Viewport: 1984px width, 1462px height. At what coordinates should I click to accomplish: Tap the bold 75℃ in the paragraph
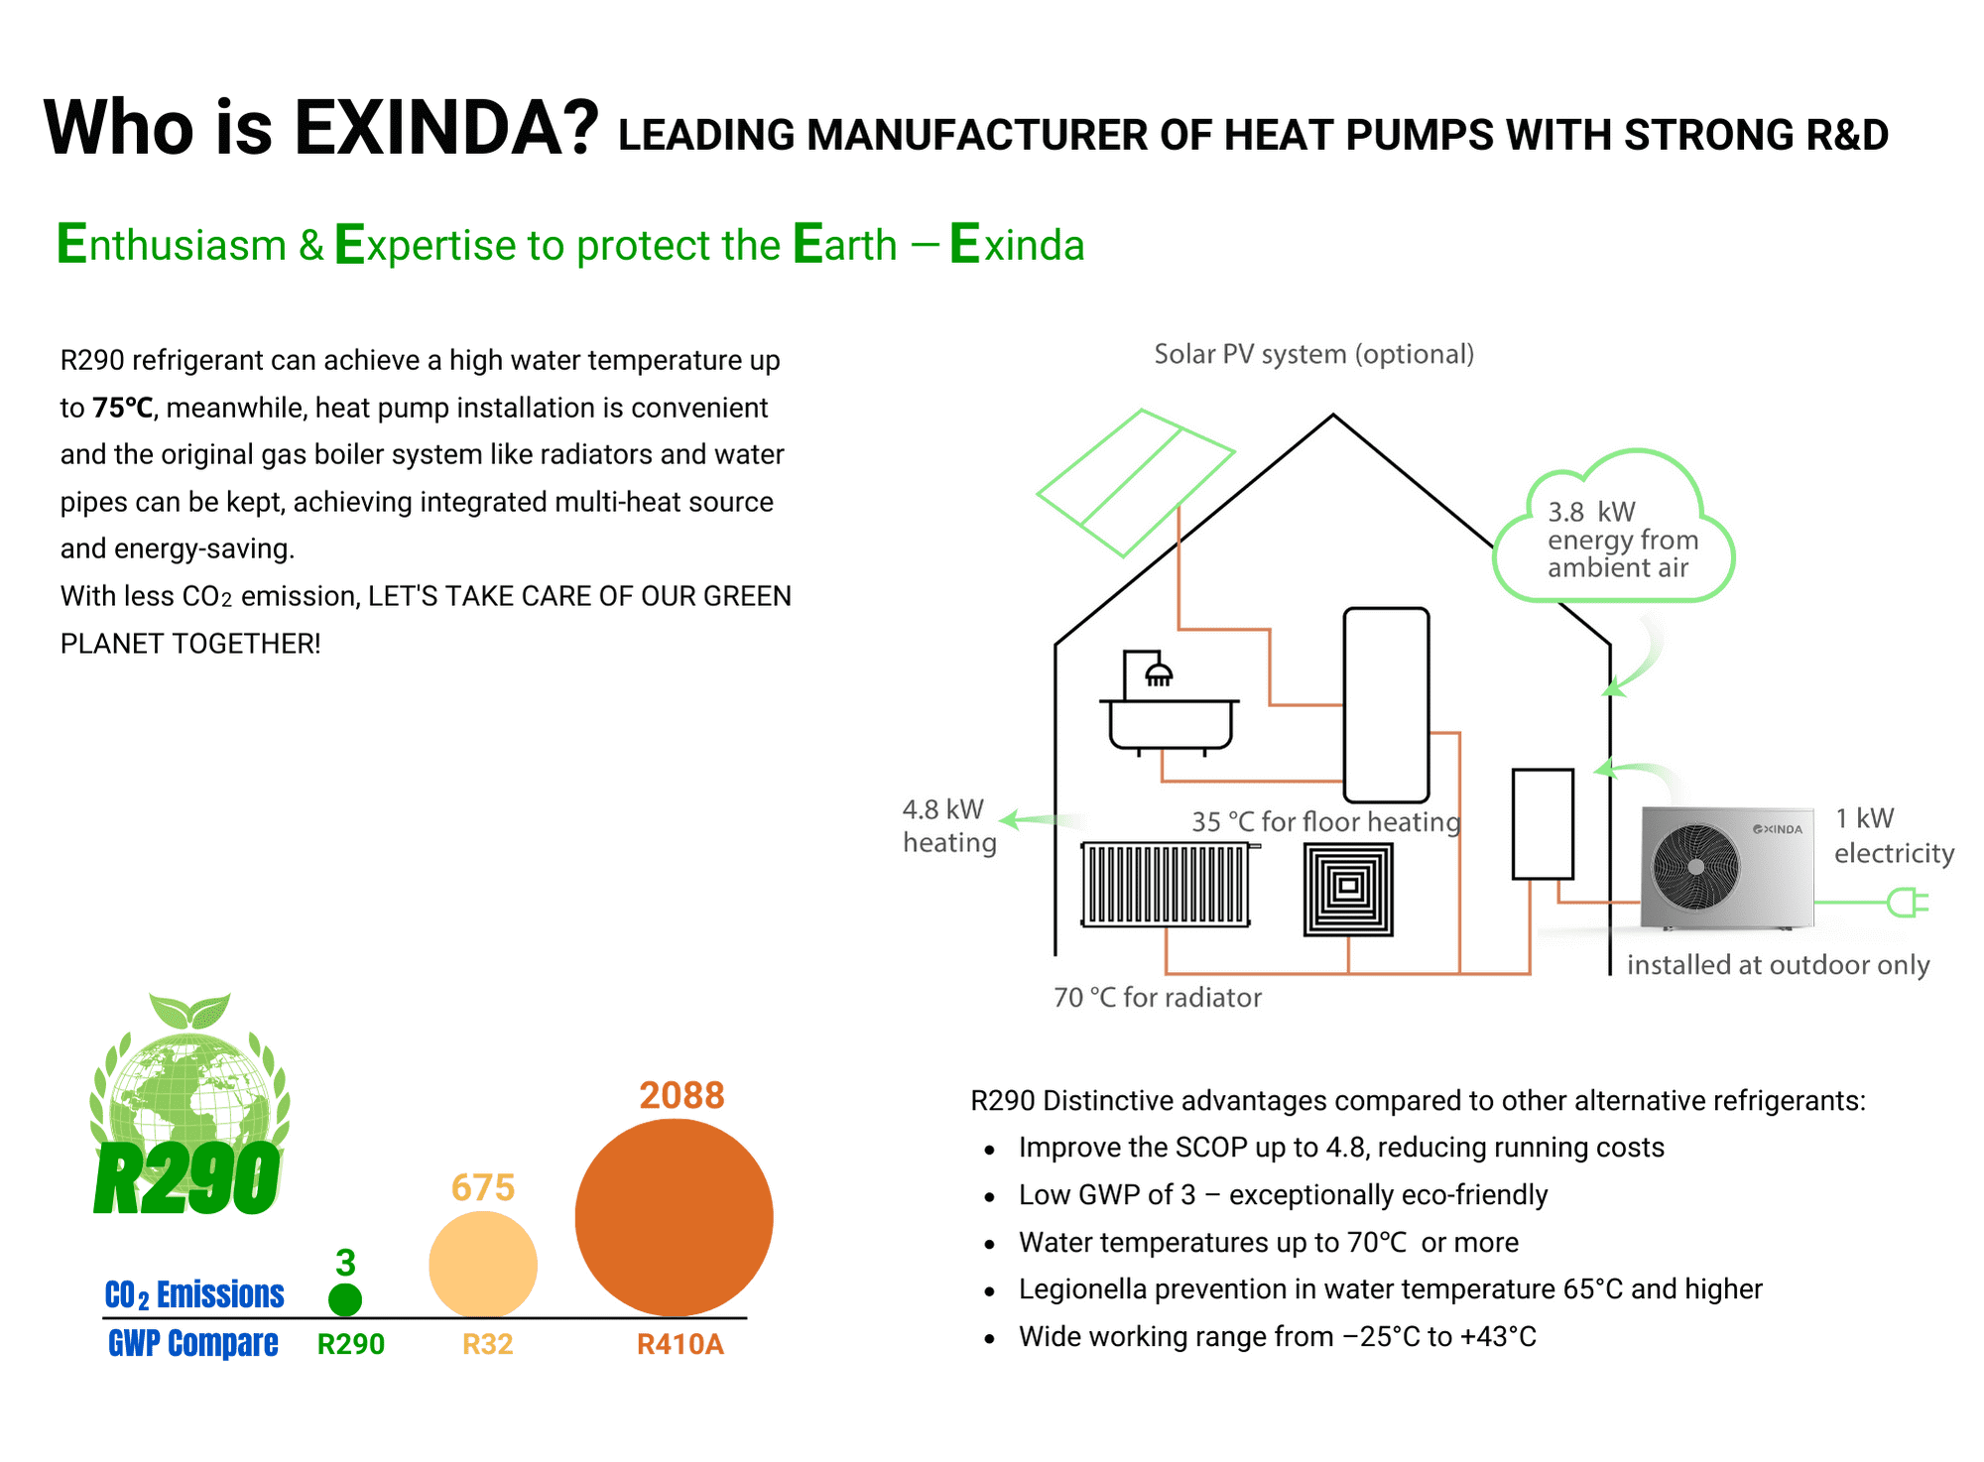point(123,408)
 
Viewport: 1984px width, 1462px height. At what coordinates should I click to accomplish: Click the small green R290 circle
point(345,1299)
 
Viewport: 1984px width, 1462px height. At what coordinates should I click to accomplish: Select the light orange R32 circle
point(483,1265)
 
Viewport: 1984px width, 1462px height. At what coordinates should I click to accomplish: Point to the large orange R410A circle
point(674,1218)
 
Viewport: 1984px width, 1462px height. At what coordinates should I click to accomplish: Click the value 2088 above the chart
point(682,1095)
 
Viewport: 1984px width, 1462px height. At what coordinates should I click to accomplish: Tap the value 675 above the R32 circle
point(483,1187)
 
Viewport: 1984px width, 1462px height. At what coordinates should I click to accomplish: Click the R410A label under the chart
point(681,1344)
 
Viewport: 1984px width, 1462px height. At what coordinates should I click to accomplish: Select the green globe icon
point(189,1091)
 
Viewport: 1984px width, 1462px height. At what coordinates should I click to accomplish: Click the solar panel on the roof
point(1136,483)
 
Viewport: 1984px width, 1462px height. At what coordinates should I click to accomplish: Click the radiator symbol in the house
point(1167,884)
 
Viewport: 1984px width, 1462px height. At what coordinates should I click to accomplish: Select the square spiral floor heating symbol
point(1348,890)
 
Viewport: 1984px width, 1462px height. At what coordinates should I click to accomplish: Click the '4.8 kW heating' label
point(949,826)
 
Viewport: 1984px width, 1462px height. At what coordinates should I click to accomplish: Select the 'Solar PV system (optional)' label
point(1314,354)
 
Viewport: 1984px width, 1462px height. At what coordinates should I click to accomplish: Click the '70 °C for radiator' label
point(1158,997)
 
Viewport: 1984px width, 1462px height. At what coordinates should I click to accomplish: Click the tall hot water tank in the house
point(1387,705)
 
